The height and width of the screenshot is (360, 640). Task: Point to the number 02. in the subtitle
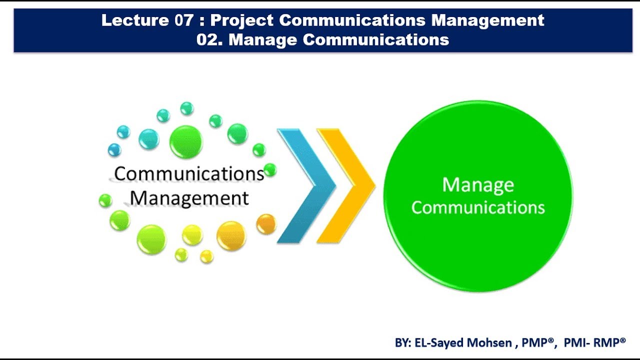click(210, 39)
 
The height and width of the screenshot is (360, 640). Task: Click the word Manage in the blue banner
click(263, 39)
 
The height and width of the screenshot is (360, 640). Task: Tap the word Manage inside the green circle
click(478, 185)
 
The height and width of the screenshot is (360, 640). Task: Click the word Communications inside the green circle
click(478, 207)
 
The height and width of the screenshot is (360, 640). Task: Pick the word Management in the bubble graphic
click(189, 198)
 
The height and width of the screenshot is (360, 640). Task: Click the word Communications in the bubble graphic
click(189, 174)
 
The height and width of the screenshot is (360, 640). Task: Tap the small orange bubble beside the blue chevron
click(266, 223)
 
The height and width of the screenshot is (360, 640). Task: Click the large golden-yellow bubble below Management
click(231, 235)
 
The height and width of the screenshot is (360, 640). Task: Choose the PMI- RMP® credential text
click(594, 342)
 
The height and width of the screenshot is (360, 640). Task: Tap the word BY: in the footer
click(403, 342)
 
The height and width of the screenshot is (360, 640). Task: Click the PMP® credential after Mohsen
click(538, 342)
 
